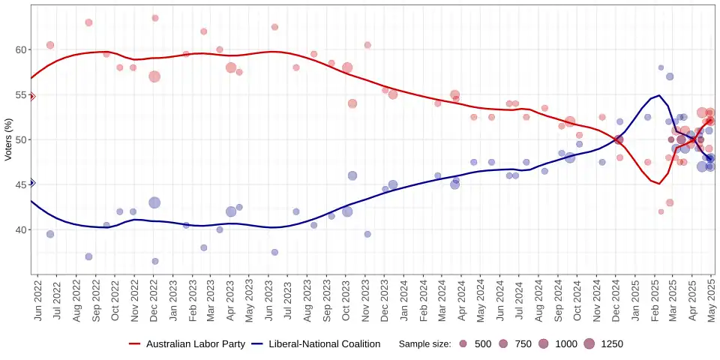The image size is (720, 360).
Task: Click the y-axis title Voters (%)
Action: (8, 139)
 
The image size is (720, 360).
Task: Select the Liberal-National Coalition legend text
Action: (324, 344)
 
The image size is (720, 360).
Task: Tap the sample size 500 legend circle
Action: (463, 344)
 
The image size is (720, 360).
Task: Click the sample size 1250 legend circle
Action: (589, 344)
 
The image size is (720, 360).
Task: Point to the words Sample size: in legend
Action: (424, 344)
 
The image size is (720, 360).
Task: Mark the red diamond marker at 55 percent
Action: (31, 96)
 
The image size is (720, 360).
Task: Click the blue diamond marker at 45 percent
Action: (31, 183)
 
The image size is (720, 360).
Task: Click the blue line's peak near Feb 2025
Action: (658, 95)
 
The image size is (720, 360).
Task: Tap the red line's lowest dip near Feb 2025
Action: (658, 184)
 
